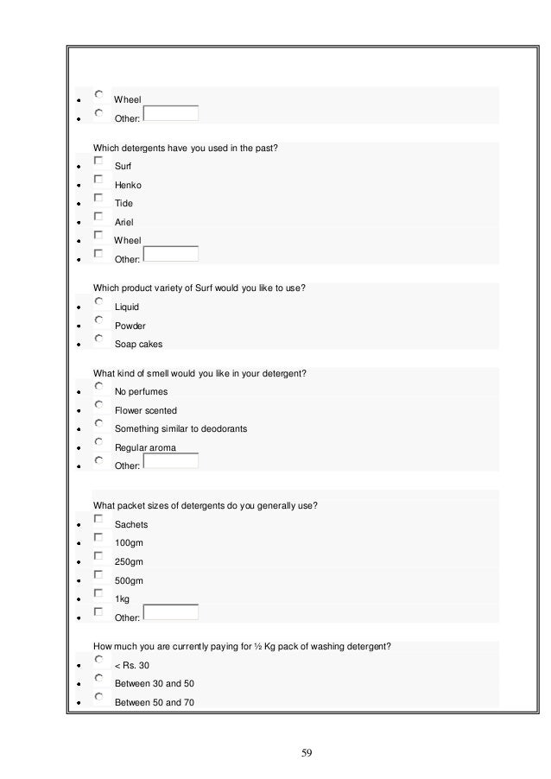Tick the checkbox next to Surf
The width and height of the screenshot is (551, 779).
pyautogui.click(x=99, y=161)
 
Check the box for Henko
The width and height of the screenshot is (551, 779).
pyautogui.click(x=99, y=180)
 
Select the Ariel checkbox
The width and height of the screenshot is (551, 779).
pyautogui.click(x=99, y=217)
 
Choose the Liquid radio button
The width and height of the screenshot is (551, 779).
pyautogui.click(x=99, y=302)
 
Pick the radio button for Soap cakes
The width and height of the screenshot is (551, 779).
pyautogui.click(x=99, y=339)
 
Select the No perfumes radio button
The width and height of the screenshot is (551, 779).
pyautogui.click(x=99, y=387)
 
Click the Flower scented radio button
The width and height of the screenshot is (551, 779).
pyautogui.click(x=99, y=406)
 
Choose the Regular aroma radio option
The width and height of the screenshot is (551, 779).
pyautogui.click(x=99, y=443)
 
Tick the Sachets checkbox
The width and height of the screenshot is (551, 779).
pyautogui.click(x=99, y=520)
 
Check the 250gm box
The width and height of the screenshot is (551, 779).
pyautogui.click(x=99, y=557)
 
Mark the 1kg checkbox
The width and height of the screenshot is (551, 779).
pyautogui.click(x=99, y=593)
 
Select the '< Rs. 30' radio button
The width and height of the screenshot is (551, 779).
pyautogui.click(x=99, y=661)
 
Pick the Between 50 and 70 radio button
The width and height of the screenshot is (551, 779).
pyautogui.click(x=99, y=698)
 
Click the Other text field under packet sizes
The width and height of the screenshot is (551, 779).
pyautogui.click(x=170, y=613)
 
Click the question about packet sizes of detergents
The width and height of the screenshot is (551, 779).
pyautogui.click(x=205, y=505)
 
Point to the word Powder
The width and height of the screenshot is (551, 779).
pyautogui.click(x=130, y=326)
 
